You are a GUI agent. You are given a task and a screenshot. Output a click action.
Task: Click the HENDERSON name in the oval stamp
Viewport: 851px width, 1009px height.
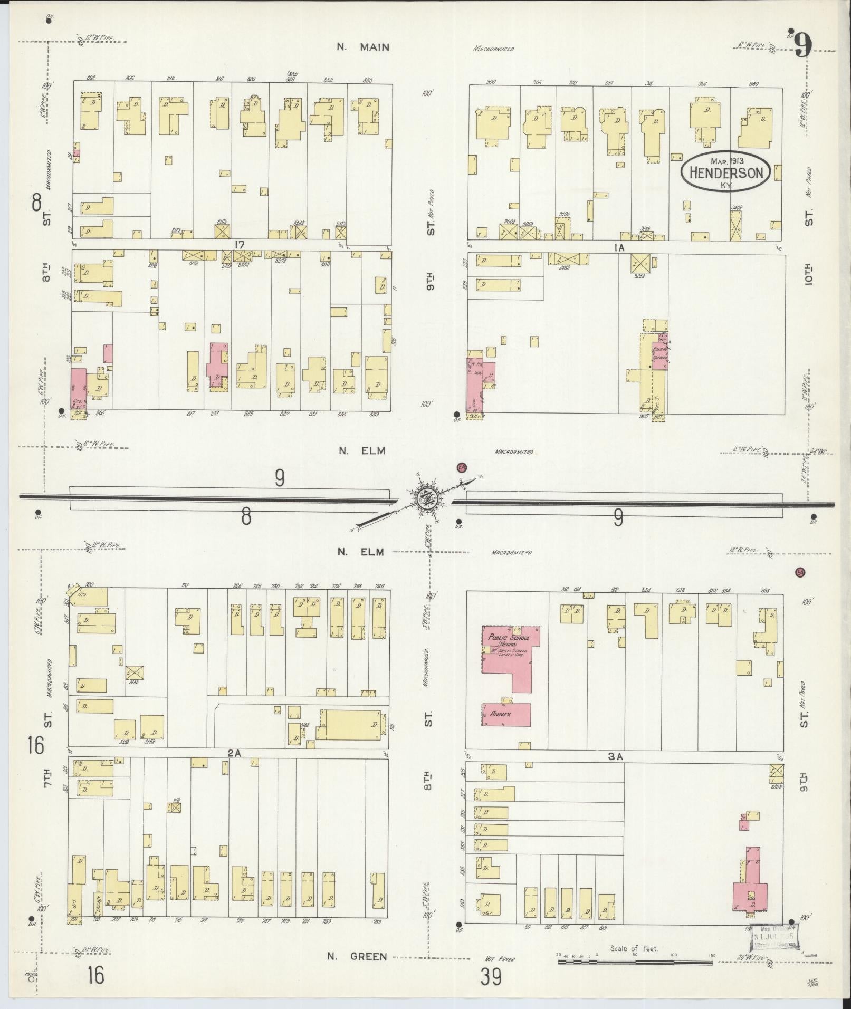pyautogui.click(x=725, y=173)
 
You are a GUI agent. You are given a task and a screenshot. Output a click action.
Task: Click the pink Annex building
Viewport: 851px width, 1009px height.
pyautogui.click(x=506, y=714)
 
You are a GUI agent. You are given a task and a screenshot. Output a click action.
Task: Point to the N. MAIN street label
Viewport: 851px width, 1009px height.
pyautogui.click(x=364, y=47)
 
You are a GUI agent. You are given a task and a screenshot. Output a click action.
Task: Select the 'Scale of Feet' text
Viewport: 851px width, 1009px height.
pyautogui.click(x=634, y=948)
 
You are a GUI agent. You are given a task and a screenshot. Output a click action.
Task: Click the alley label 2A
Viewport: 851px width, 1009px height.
pyautogui.click(x=234, y=754)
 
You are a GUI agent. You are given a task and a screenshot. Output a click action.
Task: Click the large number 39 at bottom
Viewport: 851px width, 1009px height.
pyautogui.click(x=490, y=977)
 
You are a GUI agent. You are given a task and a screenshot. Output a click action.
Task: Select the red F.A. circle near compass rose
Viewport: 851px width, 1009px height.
pyautogui.click(x=462, y=468)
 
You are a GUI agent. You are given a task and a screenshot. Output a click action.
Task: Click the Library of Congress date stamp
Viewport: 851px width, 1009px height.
pyautogui.click(x=774, y=937)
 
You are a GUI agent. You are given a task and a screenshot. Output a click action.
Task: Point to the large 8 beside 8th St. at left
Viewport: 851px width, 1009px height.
pyautogui.click(x=36, y=202)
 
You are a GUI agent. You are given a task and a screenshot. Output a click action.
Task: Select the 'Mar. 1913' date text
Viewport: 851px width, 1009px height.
pyautogui.click(x=725, y=160)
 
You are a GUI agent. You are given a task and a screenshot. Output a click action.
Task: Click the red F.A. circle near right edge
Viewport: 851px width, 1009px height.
pyautogui.click(x=800, y=573)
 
